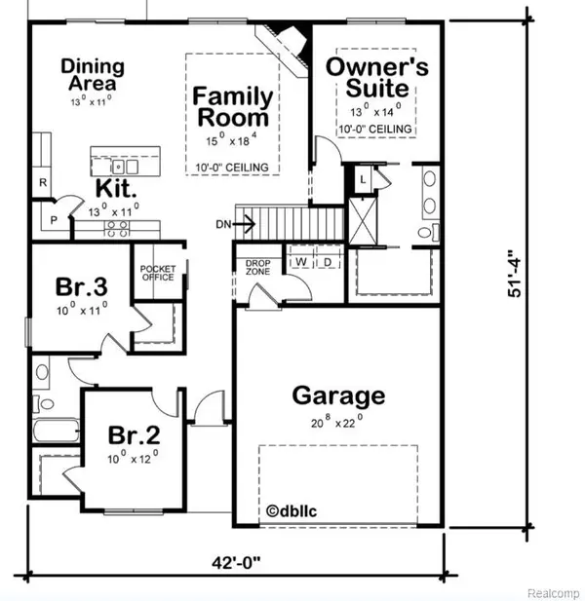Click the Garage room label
coord(338,396)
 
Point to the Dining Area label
coord(93,75)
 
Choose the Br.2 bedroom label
coord(128,434)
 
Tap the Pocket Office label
coord(156,272)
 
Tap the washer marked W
coord(301,262)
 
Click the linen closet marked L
coord(362,179)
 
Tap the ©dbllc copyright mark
coord(292,510)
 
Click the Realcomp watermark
coord(552,591)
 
